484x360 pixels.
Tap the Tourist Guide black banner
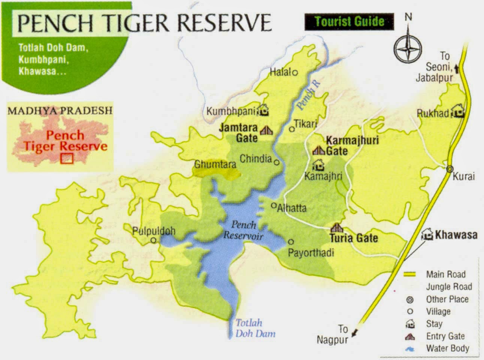pos(349,21)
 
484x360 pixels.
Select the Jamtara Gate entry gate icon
pos(266,130)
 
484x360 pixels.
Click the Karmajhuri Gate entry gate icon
pos(318,150)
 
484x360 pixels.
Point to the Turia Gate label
pos(353,238)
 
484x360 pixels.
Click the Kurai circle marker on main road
pos(450,169)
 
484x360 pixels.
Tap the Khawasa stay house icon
pos(427,235)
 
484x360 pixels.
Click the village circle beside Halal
pos(295,73)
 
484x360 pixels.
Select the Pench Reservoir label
pos(243,230)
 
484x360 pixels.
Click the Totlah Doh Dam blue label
pos(255,328)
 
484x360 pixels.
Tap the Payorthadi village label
pos(311,253)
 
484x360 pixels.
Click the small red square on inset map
pos(67,159)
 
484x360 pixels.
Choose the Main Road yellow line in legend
pos(410,274)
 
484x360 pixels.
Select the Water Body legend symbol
pos(410,349)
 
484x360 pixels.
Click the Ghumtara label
pos(215,164)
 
